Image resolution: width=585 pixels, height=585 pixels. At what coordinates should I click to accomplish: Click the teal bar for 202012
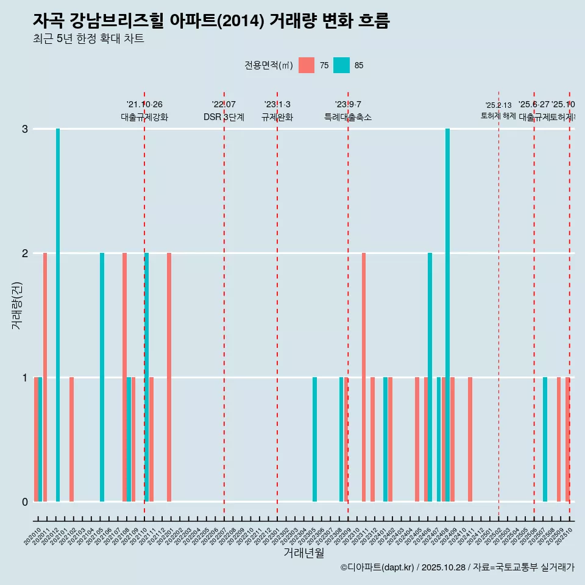58,315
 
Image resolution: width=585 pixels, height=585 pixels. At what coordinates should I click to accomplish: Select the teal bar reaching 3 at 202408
447,315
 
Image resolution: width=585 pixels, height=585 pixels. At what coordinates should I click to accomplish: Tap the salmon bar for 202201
169,377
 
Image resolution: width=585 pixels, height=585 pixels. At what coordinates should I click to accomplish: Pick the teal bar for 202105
102,377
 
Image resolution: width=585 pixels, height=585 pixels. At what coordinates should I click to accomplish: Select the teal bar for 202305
314,439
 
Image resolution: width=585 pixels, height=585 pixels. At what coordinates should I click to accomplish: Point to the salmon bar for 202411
470,439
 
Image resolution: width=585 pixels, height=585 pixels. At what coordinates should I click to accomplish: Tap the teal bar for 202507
545,439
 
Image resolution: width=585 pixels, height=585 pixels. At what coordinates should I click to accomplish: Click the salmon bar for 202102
71,439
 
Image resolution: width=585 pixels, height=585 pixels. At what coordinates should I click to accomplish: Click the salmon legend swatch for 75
307,65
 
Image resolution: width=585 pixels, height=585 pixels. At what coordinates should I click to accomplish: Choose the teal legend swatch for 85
341,65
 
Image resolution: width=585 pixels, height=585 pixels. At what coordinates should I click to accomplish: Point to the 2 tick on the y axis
24,253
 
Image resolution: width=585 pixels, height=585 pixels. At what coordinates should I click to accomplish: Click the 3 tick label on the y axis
24,129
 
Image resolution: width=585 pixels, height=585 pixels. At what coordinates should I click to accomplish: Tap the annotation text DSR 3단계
224,117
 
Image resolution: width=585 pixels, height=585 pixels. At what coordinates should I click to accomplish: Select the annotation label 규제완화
277,117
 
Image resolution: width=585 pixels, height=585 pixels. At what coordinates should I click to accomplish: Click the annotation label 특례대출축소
348,117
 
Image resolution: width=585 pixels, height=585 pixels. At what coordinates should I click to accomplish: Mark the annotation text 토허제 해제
498,115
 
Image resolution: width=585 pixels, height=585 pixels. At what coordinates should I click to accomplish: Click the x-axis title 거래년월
303,553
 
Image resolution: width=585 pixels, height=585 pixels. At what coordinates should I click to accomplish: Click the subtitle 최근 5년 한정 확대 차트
88,39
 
